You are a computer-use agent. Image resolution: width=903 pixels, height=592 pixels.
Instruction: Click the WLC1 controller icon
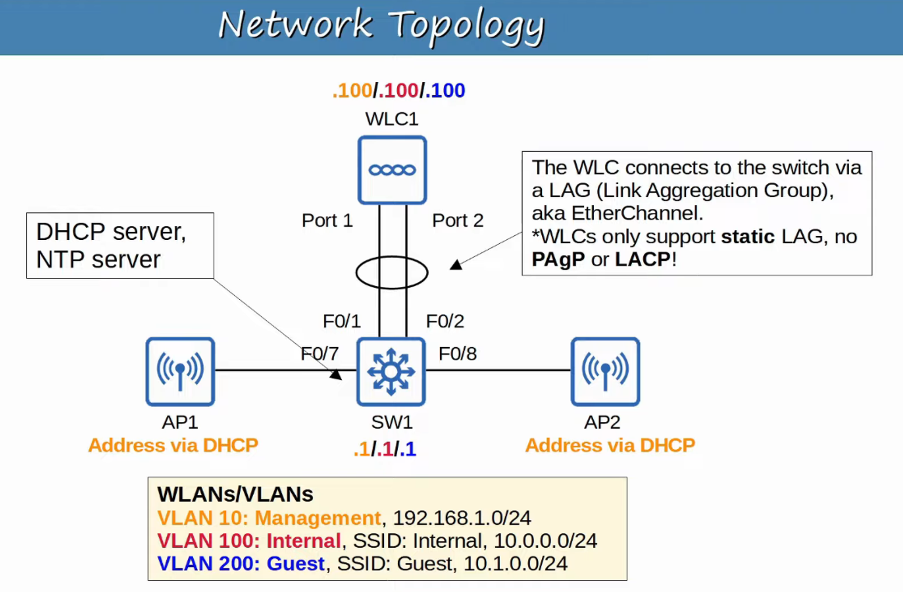[392, 170]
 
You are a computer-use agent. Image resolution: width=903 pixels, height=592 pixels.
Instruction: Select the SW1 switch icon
[391, 372]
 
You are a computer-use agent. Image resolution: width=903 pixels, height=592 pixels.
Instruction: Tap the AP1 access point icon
[180, 372]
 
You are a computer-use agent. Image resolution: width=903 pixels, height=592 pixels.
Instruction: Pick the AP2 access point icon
[605, 372]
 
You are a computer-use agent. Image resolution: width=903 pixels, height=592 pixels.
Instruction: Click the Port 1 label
[327, 220]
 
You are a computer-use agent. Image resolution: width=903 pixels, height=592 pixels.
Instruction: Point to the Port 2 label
[458, 220]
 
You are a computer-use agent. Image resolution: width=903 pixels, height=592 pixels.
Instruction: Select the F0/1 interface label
[342, 321]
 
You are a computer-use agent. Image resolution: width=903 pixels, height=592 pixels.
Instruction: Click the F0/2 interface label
[445, 321]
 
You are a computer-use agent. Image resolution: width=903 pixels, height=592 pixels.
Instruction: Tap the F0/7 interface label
[320, 354]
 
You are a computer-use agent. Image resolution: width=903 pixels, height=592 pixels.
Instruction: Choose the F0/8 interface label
[458, 354]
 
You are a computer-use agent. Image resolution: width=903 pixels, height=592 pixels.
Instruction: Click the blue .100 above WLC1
[445, 90]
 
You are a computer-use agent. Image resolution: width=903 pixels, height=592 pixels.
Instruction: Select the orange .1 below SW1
[362, 449]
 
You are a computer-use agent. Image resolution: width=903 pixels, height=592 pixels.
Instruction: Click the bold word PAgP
[558, 260]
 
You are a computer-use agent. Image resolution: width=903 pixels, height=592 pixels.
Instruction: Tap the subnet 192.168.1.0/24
[462, 518]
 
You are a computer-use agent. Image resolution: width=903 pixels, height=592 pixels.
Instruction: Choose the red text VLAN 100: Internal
[249, 541]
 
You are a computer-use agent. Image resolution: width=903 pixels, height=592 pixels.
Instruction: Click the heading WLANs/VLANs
[235, 494]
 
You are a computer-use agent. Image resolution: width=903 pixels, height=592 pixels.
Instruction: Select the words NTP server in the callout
[98, 260]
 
